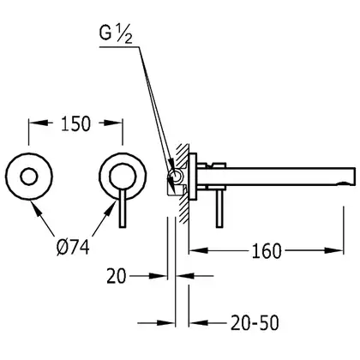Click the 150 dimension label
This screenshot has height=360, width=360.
(x=75, y=123)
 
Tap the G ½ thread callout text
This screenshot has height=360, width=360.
(x=116, y=34)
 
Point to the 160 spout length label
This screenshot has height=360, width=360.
(x=267, y=251)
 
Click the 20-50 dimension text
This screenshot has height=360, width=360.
(x=255, y=323)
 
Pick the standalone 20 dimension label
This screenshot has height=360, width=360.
(x=117, y=276)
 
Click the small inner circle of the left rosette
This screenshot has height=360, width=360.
(x=28, y=177)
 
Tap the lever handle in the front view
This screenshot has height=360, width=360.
(x=123, y=208)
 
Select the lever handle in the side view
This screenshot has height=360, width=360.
(x=219, y=208)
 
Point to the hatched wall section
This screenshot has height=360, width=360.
(x=183, y=183)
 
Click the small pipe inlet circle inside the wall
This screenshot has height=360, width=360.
(x=176, y=176)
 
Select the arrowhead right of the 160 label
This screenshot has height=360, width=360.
(x=333, y=250)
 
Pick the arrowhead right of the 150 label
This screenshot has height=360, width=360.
(x=113, y=123)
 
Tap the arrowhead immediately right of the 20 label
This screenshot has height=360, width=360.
(x=158, y=276)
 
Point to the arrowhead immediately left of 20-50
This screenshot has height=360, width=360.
(x=199, y=323)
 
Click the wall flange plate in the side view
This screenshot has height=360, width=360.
(x=193, y=177)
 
